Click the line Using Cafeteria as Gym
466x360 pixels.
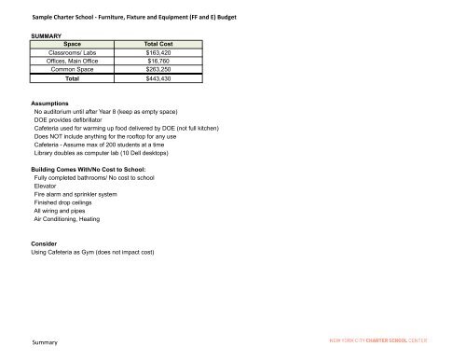[92, 253]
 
